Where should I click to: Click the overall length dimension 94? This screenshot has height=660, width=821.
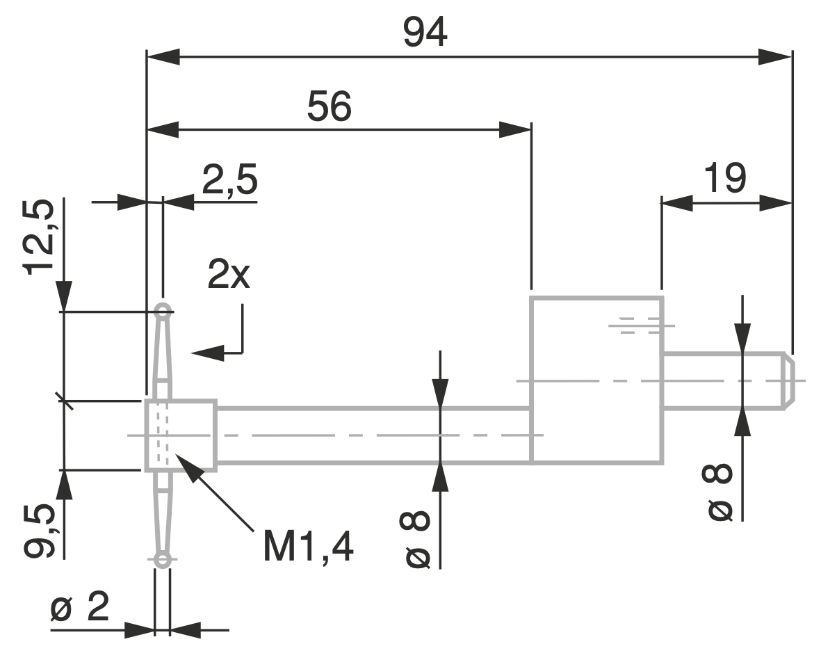click(x=425, y=32)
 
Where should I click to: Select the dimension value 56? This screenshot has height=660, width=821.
click(x=329, y=106)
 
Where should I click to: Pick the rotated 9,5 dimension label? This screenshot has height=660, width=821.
click(x=39, y=531)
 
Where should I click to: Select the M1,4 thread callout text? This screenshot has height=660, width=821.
click(x=308, y=547)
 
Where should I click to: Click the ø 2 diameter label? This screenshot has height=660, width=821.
click(x=80, y=606)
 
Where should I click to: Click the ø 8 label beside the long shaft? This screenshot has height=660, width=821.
click(x=415, y=539)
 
